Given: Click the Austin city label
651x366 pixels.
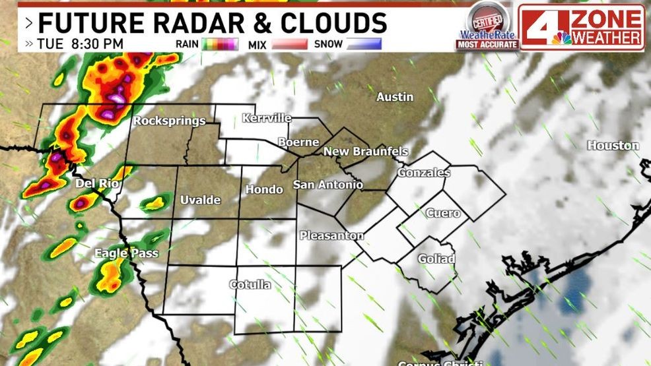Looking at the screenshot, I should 395,97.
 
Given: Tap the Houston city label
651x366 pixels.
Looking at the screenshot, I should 613,145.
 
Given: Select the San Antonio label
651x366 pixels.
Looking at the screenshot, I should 327,185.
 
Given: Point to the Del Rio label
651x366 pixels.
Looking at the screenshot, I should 97,183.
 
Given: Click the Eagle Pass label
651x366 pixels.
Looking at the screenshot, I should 120,253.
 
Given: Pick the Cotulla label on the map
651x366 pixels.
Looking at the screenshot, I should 250,285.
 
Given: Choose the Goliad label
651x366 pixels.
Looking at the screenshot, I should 436,259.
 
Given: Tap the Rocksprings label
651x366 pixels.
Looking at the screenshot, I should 169,121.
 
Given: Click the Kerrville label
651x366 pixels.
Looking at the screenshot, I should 267,118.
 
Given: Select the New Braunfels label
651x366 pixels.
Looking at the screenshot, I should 365,152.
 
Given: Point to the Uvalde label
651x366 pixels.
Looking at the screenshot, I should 200,200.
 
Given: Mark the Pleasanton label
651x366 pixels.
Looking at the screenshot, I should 331,235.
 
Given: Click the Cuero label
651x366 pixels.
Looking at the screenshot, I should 442,213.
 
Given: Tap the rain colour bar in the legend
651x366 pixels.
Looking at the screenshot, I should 220,44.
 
